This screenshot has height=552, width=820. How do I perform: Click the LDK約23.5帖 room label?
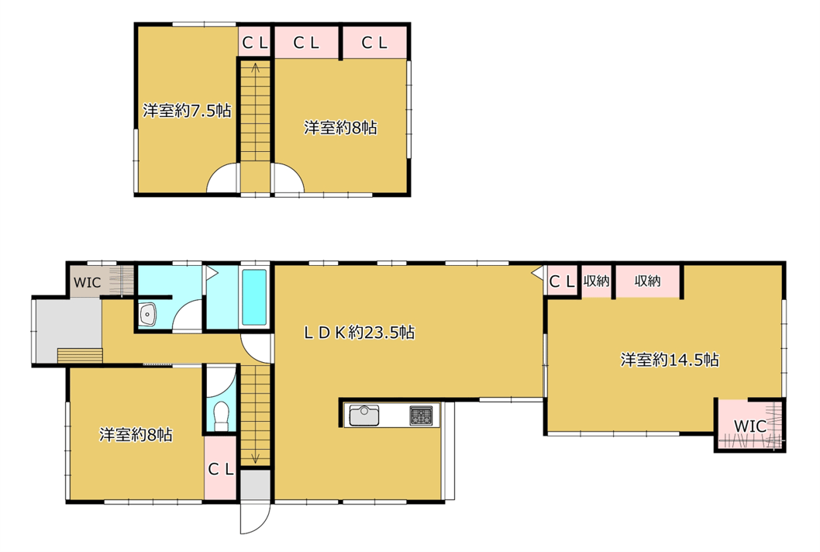360,333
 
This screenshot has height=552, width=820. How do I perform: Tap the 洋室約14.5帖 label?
670,360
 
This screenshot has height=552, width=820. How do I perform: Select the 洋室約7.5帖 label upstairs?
187,110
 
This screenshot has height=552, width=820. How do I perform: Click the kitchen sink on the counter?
364,416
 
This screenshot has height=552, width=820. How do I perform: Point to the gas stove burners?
421,416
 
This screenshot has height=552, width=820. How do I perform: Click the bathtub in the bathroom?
255,297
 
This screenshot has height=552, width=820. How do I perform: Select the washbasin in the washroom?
148,315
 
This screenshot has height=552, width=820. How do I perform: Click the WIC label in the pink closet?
750,426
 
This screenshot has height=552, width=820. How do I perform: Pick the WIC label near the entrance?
88,282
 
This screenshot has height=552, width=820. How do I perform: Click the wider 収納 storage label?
647,281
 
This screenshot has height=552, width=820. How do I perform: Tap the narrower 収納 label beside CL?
596,281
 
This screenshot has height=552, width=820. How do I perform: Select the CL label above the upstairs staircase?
255,43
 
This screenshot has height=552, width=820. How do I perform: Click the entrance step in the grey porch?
80,355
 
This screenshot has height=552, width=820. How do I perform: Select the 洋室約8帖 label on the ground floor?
136,434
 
